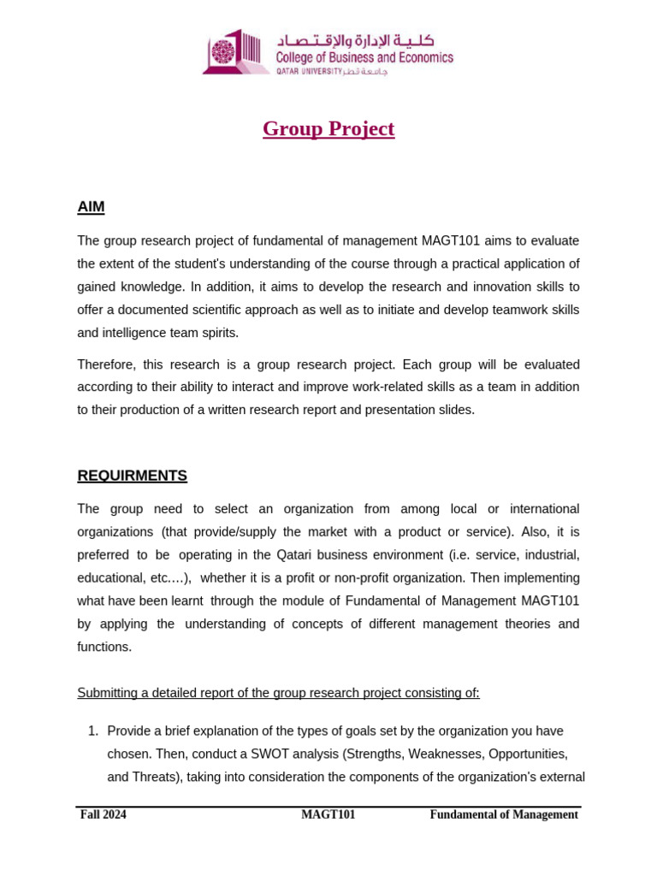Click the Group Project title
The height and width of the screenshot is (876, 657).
pyautogui.click(x=328, y=129)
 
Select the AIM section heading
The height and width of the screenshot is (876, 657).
pyautogui.click(x=91, y=207)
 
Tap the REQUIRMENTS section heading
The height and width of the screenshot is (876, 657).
pyautogui.click(x=132, y=476)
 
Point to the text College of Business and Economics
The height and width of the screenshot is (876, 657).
pyautogui.click(x=364, y=58)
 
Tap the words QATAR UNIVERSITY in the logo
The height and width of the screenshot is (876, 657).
pyautogui.click(x=308, y=72)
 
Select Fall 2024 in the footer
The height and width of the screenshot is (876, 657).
pyautogui.click(x=104, y=814)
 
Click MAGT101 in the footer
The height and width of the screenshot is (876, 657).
pyautogui.click(x=328, y=814)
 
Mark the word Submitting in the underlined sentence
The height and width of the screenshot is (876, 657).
pyautogui.click(x=107, y=693)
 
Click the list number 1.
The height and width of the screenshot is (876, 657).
pyautogui.click(x=93, y=731)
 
